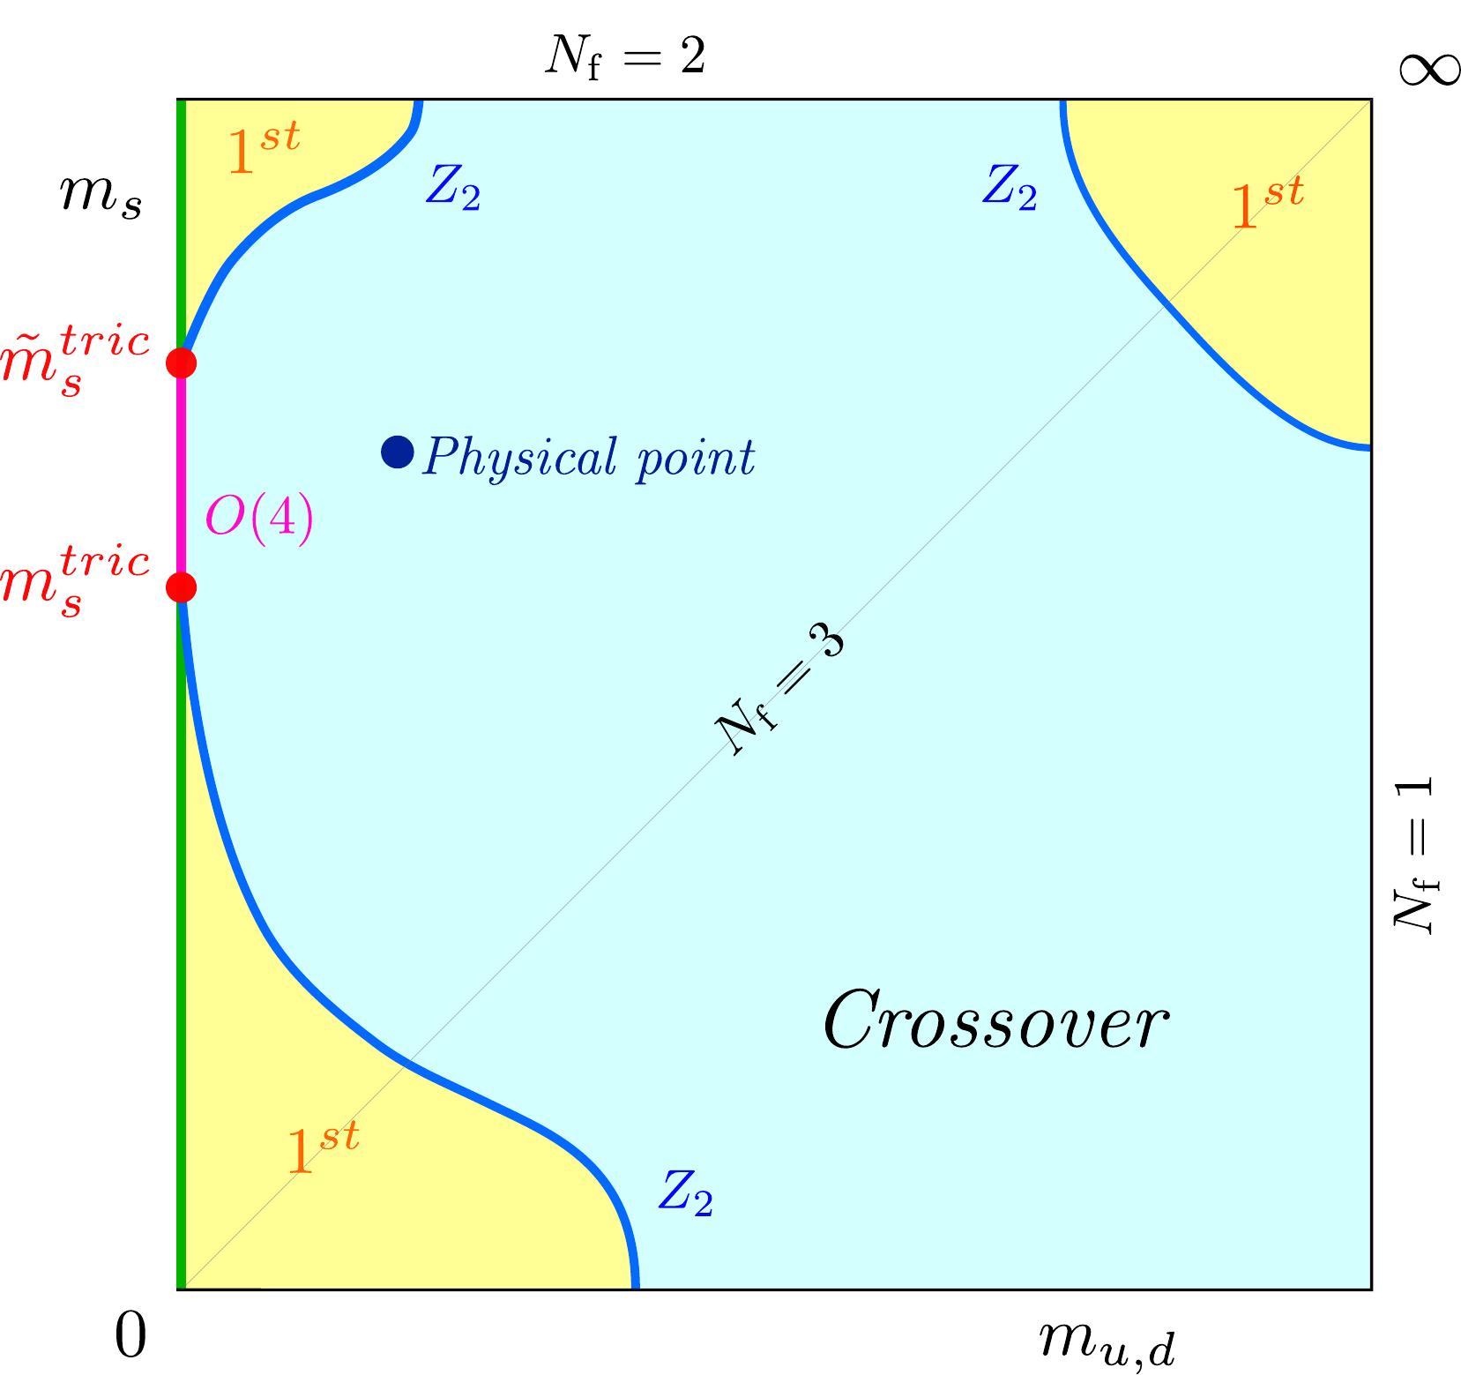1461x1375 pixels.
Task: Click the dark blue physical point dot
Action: click(x=397, y=452)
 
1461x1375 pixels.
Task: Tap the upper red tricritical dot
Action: click(x=181, y=362)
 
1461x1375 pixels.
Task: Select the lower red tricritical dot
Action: click(x=181, y=587)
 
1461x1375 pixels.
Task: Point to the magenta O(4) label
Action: click(x=258, y=519)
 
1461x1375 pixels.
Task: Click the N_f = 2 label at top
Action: click(x=624, y=58)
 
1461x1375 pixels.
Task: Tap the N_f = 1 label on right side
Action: click(x=1413, y=854)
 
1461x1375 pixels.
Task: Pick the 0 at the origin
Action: click(x=130, y=1337)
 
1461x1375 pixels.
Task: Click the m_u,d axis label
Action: click(x=1106, y=1342)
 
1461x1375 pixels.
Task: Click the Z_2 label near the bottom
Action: click(x=684, y=1195)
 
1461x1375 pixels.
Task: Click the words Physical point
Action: click(x=588, y=458)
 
